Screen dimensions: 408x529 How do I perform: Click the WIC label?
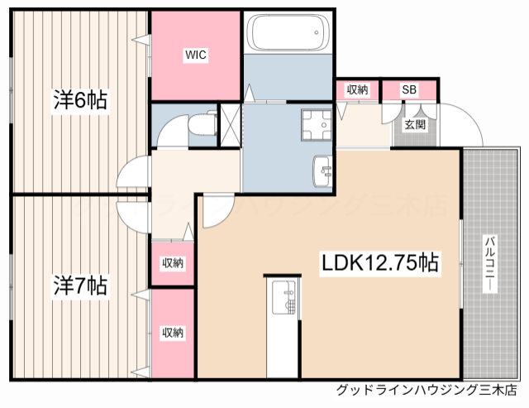pos(196,55)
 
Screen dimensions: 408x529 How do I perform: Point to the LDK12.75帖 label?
pos(380,263)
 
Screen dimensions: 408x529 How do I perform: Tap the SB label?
pos(409,89)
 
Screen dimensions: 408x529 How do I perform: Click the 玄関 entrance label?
pos(415,125)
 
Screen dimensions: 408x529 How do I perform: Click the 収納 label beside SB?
pos(357,89)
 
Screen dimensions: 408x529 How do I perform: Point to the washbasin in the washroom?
pos(322,172)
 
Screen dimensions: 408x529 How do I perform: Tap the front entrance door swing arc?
pos(460,124)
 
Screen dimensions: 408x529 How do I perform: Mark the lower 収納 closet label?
pos(173,333)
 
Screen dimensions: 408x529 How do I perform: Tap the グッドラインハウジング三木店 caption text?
pos(427,390)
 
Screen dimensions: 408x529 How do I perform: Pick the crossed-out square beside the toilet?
pos(230,124)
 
